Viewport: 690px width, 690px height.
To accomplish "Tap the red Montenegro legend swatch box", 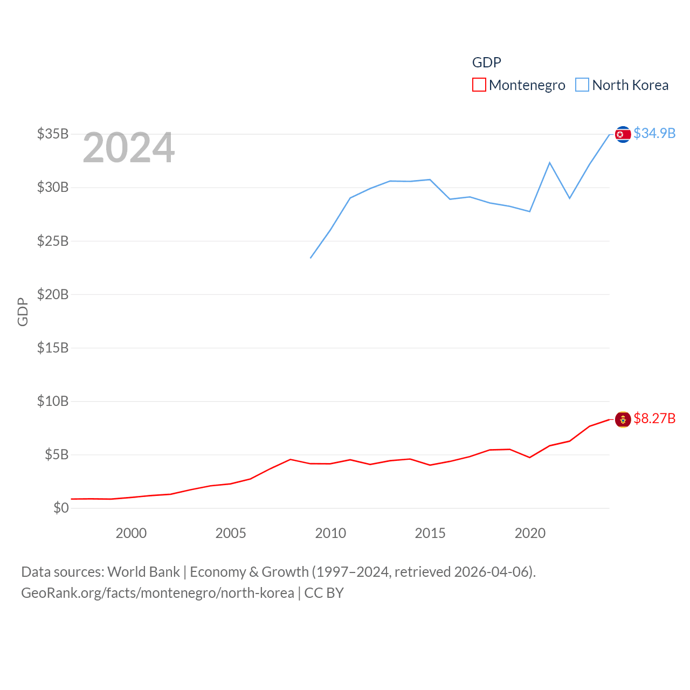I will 479,85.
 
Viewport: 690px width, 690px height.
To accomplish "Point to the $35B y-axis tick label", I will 53,134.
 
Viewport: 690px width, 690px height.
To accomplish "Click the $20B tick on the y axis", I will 53,294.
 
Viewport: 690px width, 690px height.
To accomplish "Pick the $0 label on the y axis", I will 61,508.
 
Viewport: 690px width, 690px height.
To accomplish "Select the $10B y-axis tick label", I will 53,401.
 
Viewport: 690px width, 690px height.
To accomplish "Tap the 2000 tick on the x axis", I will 131,533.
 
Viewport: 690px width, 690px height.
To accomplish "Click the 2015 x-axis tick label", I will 430,533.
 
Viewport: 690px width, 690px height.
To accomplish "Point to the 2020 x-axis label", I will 530,533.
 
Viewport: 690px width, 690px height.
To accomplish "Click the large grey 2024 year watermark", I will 128,148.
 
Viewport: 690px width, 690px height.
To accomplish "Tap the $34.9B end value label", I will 654,133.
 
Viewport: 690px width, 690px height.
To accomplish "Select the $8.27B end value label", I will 654,418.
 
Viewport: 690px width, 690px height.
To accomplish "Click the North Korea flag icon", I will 623,134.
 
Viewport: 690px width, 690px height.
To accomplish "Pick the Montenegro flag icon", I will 623,419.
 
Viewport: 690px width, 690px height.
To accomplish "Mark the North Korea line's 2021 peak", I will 550,163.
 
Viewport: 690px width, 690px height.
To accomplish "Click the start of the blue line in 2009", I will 310,258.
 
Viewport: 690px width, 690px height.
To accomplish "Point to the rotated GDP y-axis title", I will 23,312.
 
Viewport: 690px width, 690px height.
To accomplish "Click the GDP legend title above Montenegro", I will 486,63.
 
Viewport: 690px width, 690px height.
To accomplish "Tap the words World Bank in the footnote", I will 143,571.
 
